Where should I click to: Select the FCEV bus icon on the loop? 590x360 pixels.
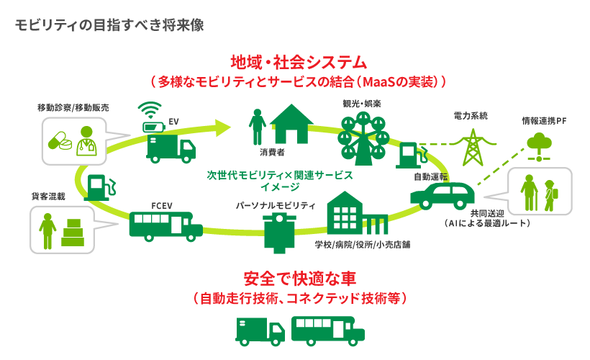click(x=165, y=225)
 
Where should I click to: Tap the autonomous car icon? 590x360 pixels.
click(x=442, y=194)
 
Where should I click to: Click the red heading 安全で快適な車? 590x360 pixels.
click(x=296, y=277)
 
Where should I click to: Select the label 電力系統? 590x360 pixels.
click(x=471, y=115)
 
